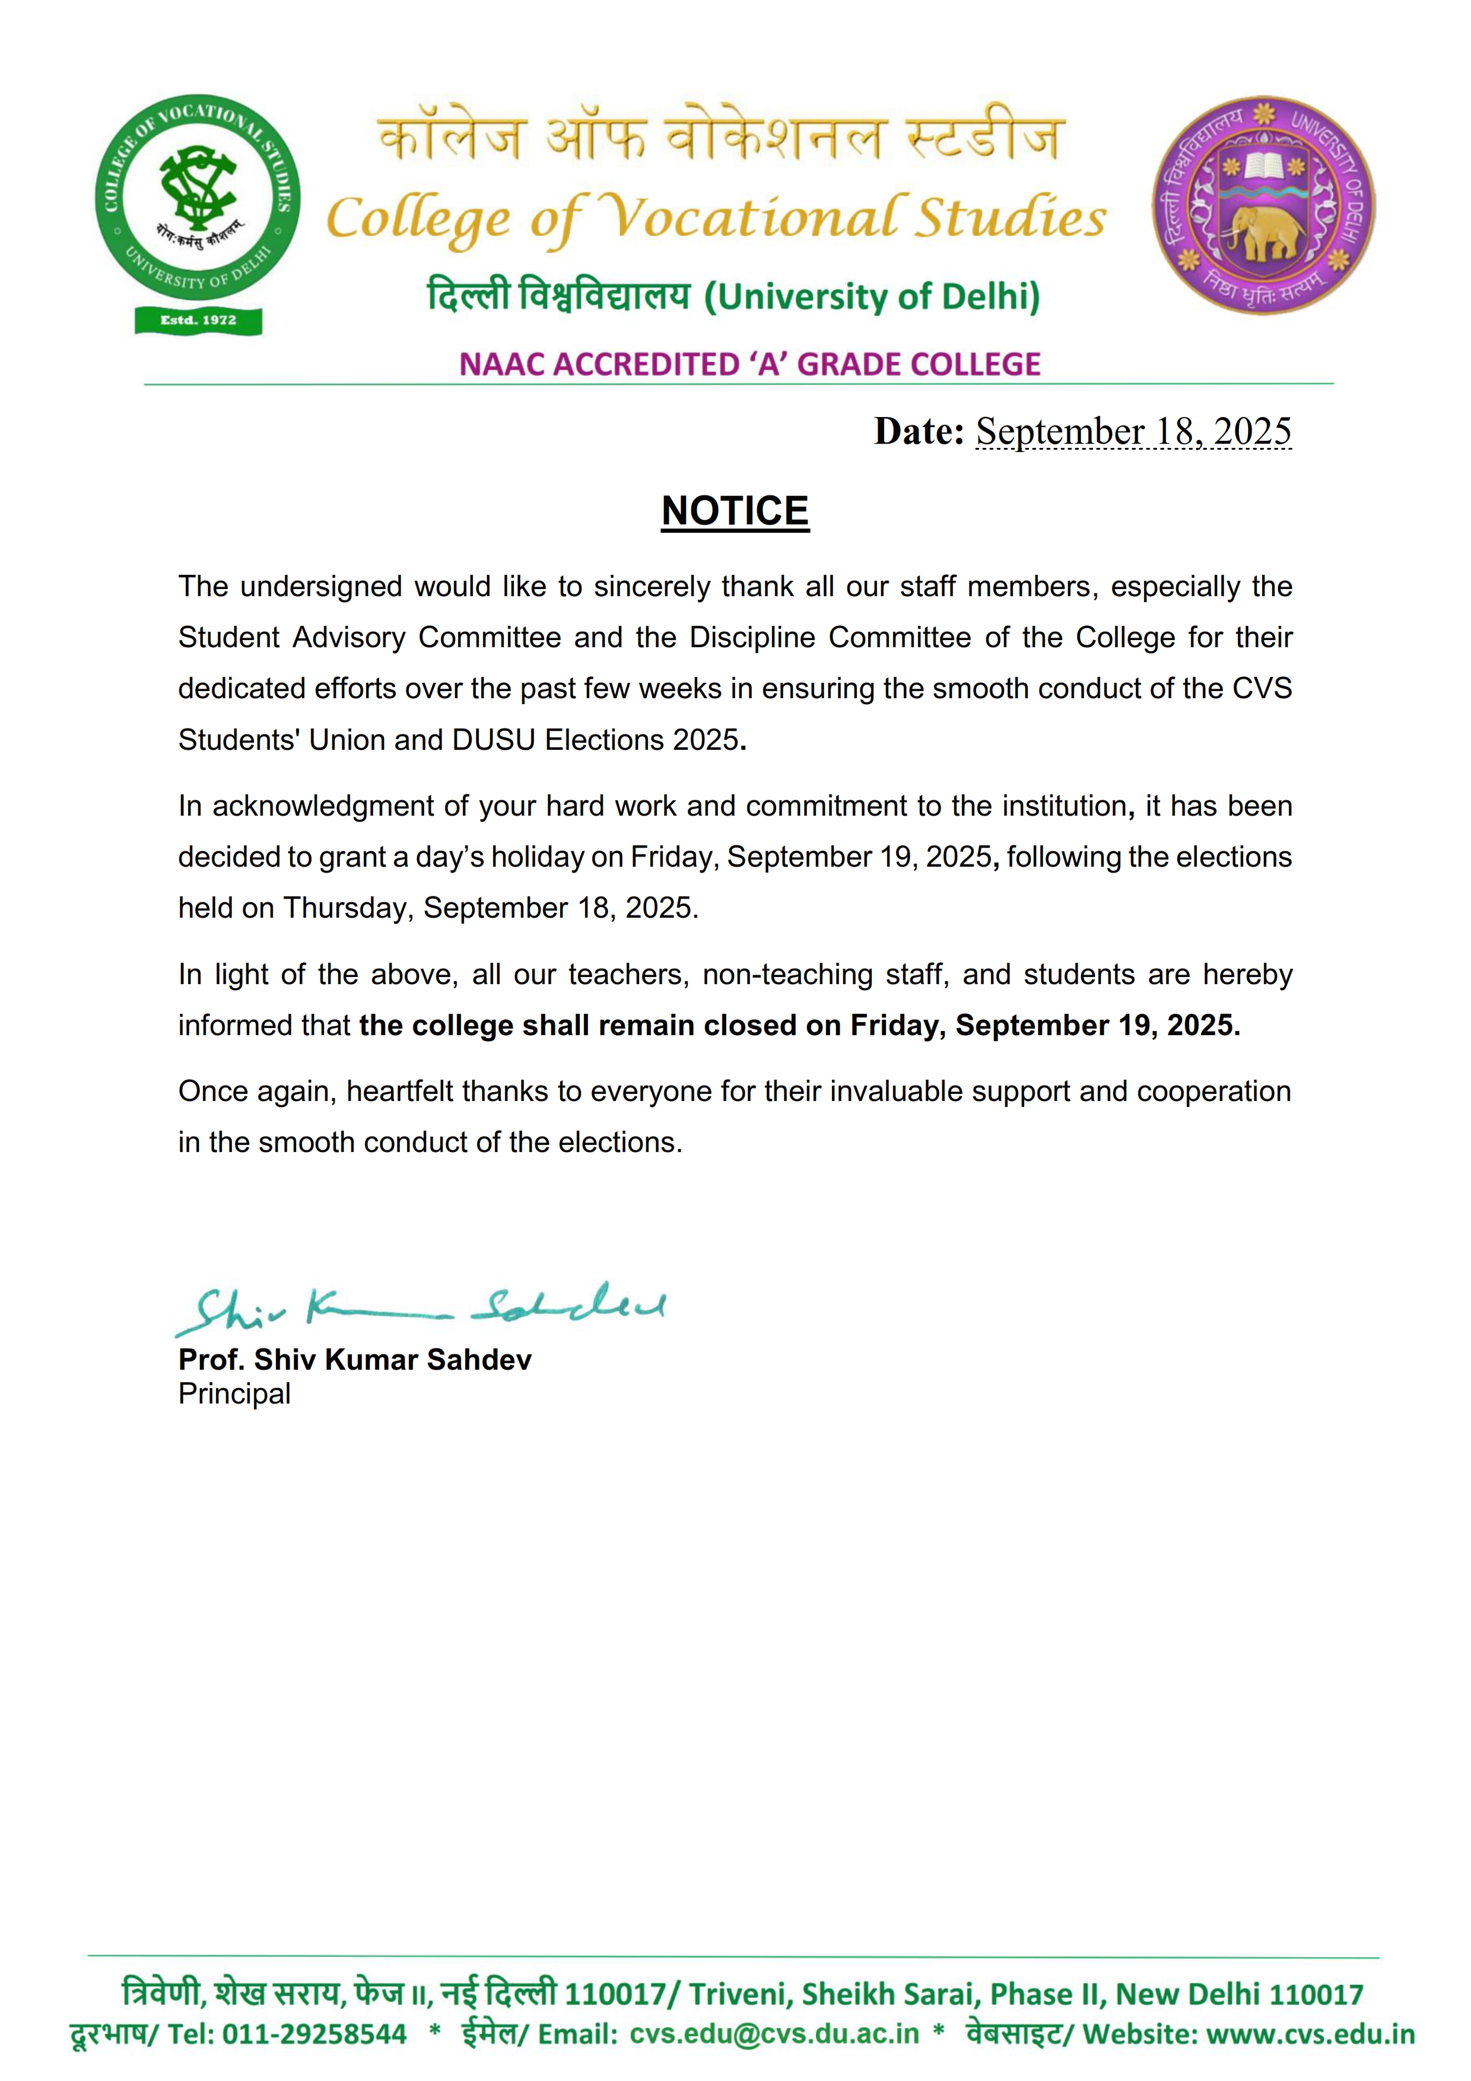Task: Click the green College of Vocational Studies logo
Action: [198, 198]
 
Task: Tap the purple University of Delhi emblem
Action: [1263, 206]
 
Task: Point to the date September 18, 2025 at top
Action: [1133, 431]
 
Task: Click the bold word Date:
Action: [918, 431]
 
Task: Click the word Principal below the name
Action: [234, 1394]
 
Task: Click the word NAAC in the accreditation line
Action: [501, 364]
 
